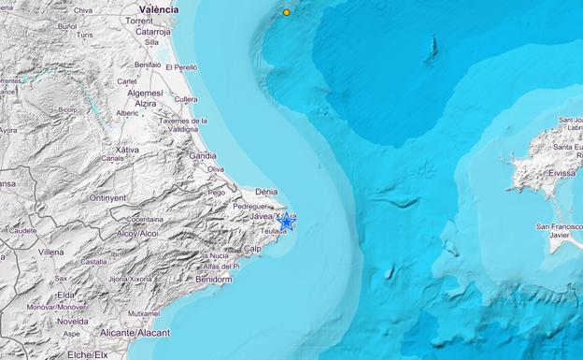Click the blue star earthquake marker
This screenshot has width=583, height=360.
(x=286, y=223)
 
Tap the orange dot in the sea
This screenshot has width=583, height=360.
(x=287, y=12)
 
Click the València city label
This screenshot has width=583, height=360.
(x=161, y=8)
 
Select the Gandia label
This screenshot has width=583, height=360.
(x=203, y=155)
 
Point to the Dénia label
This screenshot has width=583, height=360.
(x=266, y=191)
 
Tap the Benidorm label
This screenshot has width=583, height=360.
(x=215, y=279)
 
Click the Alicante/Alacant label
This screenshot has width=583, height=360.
(x=136, y=332)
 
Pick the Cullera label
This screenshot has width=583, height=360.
(x=186, y=98)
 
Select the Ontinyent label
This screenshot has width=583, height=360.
(x=108, y=197)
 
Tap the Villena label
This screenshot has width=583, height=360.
(x=51, y=252)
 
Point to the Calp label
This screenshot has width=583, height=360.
(x=251, y=248)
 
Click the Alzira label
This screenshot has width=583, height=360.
(x=138, y=104)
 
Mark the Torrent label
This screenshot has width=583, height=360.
(x=138, y=20)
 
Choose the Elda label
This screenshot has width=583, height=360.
(x=65, y=295)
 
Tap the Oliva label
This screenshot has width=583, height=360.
(x=215, y=169)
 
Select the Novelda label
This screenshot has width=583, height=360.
(x=72, y=321)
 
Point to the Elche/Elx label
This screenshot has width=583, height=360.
(x=88, y=354)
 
